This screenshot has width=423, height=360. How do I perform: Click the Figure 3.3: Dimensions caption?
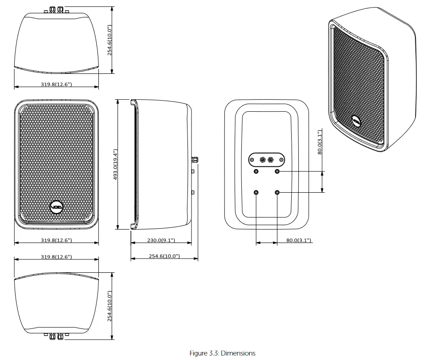click(x=222, y=353)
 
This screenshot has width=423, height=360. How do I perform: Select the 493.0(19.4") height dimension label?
click(x=115, y=164)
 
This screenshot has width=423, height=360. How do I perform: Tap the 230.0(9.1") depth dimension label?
click(x=161, y=240)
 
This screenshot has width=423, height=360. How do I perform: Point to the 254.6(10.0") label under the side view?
click(x=164, y=256)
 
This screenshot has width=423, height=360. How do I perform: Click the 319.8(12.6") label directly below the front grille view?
click(x=57, y=240)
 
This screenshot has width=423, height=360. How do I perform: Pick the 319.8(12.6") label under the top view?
click(x=57, y=84)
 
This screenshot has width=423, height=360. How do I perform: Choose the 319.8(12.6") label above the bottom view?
click(x=57, y=257)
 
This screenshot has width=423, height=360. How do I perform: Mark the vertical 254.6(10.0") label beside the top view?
click(x=110, y=40)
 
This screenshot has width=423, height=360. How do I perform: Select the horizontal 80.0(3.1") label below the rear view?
click(x=299, y=240)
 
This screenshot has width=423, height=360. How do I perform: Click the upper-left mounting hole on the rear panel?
click(x=256, y=171)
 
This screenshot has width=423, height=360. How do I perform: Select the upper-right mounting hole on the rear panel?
click(x=277, y=171)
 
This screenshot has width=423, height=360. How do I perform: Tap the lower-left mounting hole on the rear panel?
click(x=256, y=192)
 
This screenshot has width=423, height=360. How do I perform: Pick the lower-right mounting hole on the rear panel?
click(x=277, y=192)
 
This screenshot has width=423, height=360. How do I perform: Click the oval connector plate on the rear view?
click(x=266, y=159)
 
